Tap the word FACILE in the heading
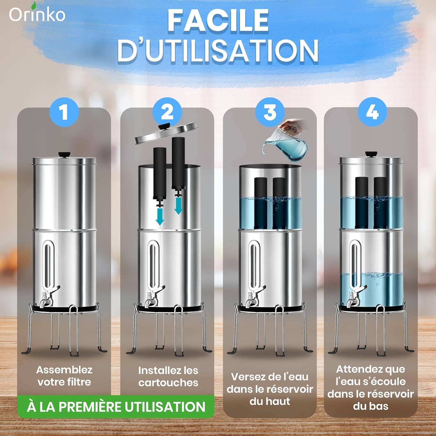(218, 20)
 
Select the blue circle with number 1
(64, 112)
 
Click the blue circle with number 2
(167, 112)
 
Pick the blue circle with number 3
(270, 112)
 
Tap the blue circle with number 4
(372, 112)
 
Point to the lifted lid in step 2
(166, 133)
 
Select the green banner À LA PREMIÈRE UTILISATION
(116, 407)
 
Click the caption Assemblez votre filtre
(64, 376)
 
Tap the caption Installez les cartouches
(168, 376)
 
